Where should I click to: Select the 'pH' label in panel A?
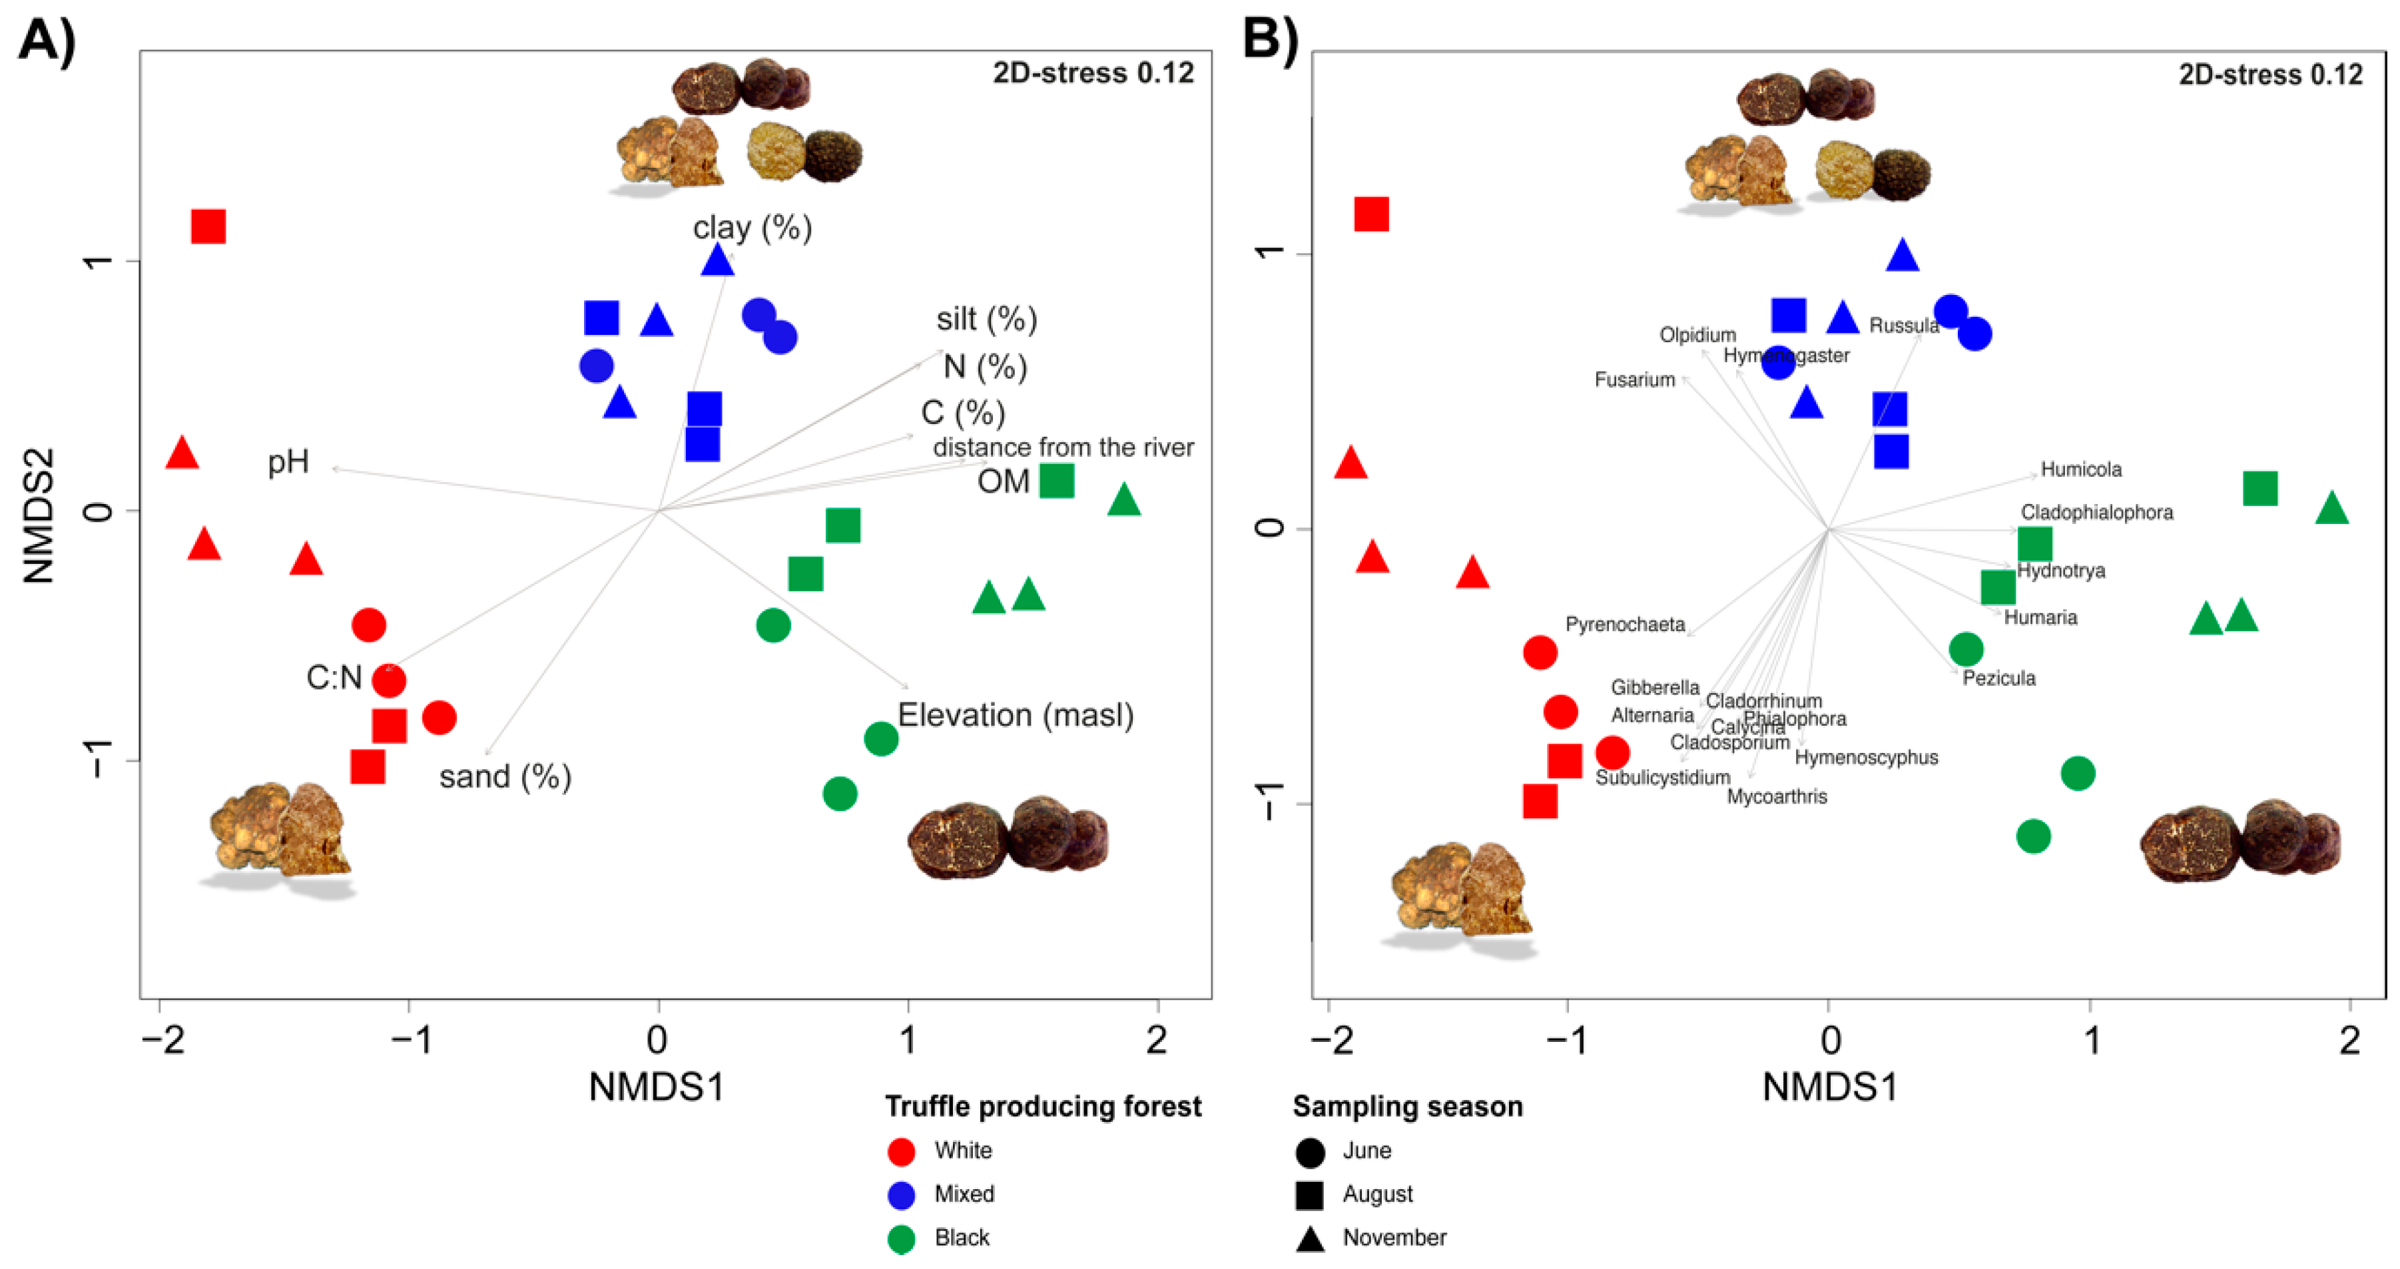[x=288, y=462]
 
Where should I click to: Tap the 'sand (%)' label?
[x=505, y=776]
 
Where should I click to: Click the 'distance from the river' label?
[x=1063, y=447]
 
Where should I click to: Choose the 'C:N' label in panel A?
[x=334, y=677]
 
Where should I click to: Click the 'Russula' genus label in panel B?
[x=1903, y=325]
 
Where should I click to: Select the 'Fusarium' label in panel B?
[x=1634, y=380]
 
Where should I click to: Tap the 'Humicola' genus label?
[x=2080, y=469]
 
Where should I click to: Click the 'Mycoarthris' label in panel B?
[x=1777, y=796]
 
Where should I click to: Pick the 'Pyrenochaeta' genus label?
[x=1625, y=625]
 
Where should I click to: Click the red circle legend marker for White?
[x=901, y=1152]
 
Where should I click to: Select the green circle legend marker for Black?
[x=901, y=1238]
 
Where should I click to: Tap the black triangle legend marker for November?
[x=1310, y=1239]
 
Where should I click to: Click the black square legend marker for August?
[x=1310, y=1195]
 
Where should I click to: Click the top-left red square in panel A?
[x=208, y=226]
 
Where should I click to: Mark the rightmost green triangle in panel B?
[x=2332, y=509]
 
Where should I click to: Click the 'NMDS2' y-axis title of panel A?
[x=40, y=515]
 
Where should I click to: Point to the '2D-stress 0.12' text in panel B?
[x=2269, y=75]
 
